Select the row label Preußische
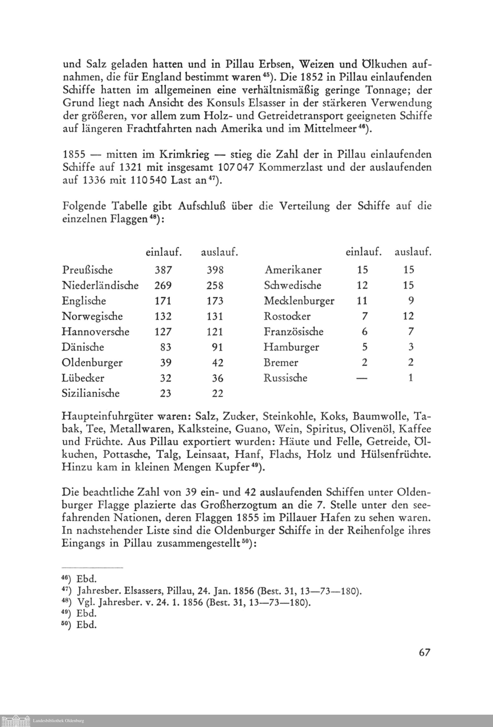(x=87, y=270)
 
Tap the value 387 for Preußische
(x=163, y=270)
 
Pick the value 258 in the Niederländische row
(x=215, y=285)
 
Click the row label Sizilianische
(x=91, y=393)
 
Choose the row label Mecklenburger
(x=299, y=301)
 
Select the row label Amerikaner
(x=293, y=270)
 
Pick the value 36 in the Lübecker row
(x=218, y=378)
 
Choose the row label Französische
(x=294, y=332)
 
